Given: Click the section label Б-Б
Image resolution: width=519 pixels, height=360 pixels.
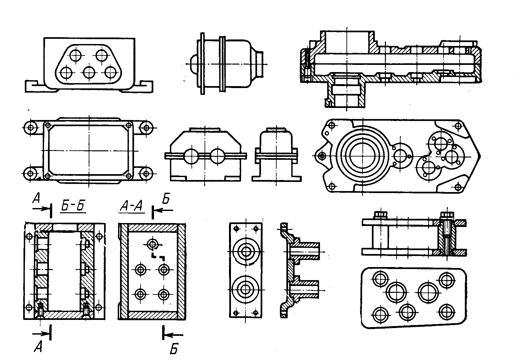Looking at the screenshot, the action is [x=73, y=206].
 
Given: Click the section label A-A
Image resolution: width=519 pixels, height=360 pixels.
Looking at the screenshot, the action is [x=131, y=206].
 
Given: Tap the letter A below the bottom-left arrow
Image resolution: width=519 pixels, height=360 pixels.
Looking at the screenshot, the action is [x=38, y=347].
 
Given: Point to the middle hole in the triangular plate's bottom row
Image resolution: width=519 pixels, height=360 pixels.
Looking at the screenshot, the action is [x=89, y=72].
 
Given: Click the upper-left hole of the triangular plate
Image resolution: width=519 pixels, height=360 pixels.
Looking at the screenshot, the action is [x=76, y=55].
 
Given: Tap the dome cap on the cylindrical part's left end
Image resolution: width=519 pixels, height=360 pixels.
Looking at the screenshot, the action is [x=193, y=64].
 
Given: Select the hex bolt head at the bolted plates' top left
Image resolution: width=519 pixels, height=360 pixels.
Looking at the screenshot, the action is [x=380, y=215].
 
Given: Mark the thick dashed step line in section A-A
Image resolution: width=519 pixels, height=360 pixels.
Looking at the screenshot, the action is [x=158, y=256].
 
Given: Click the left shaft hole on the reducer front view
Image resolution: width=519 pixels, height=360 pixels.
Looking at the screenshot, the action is [x=191, y=156].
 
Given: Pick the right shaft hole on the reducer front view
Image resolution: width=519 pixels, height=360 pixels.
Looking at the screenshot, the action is [x=218, y=156].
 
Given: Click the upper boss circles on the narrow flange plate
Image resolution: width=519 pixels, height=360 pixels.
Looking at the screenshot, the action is [x=246, y=251].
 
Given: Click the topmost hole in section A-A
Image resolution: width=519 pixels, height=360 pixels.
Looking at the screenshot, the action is [x=152, y=244].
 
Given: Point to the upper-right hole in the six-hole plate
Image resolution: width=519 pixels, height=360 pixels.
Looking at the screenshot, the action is [x=446, y=280].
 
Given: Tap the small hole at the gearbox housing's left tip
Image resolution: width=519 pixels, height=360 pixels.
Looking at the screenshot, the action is [x=321, y=157].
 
